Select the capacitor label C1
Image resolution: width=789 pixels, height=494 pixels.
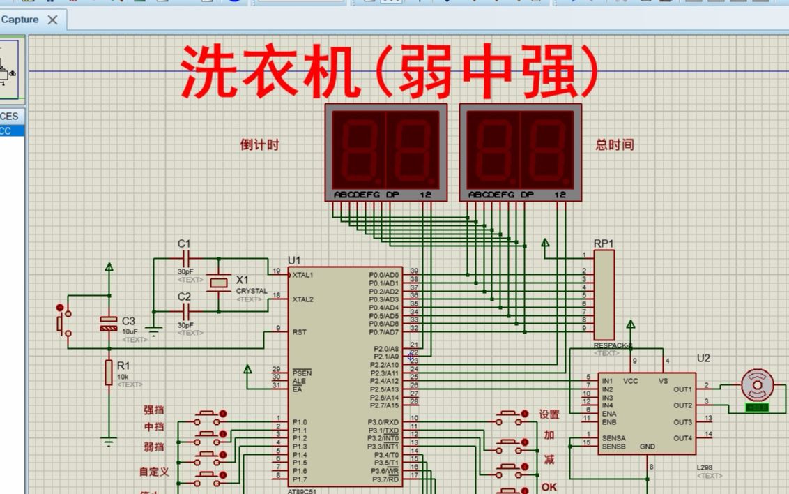coord(184,244)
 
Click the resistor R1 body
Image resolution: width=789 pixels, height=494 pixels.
coord(109,372)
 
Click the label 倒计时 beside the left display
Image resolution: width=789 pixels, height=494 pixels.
coord(259,145)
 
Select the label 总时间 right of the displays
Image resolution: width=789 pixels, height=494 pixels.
coord(615,145)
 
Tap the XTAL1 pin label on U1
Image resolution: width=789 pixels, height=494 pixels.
coord(303,275)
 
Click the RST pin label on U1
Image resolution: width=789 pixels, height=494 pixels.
coord(300,332)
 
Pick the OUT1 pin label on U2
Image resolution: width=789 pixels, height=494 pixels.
coord(683,389)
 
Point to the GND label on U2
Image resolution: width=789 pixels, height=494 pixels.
coord(647,447)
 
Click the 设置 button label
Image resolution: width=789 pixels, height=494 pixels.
coord(549,414)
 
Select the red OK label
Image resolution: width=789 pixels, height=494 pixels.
coord(549,486)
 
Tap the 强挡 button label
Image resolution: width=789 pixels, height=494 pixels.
coord(154,410)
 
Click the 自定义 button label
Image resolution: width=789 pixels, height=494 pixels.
coord(154,472)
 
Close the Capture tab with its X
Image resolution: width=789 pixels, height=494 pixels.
coord(52,20)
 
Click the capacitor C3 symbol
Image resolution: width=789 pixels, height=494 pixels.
coord(109,323)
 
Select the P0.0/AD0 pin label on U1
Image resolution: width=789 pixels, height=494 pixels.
coord(383,275)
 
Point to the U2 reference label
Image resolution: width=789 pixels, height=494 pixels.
coord(703,358)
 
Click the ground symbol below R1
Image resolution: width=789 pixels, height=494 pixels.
coord(109,440)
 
